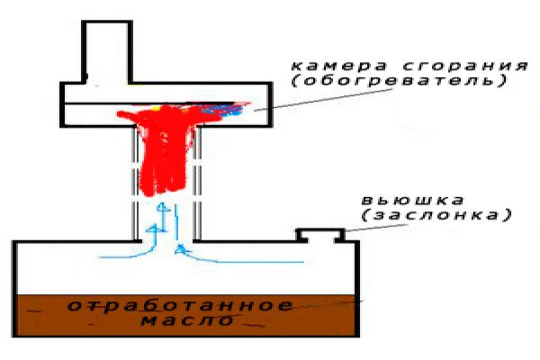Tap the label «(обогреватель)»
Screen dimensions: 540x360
coord(400,81)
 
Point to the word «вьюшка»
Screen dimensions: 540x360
coord(413,200)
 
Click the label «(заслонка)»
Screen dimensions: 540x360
coord(436,215)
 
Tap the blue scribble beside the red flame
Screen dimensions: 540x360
coord(222,109)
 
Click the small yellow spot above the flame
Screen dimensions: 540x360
coord(156,108)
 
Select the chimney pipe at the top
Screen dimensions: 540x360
coord(107,51)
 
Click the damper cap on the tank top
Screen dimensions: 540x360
coord(320,235)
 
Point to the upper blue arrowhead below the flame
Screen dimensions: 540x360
coord(163,208)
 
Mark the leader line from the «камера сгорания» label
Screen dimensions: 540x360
coord(324,100)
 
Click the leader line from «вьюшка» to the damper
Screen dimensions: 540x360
coord(376,228)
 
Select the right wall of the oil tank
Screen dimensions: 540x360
coord(356,289)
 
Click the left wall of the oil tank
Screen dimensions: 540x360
coord(14,289)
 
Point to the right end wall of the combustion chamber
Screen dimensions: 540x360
coord(270,104)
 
